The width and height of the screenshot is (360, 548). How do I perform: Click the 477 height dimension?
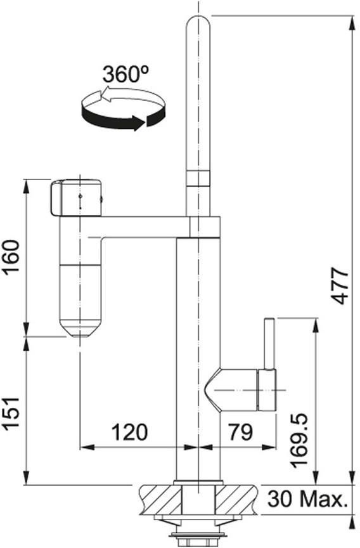click(340, 285)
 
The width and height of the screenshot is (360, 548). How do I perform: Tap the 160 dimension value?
click(11, 258)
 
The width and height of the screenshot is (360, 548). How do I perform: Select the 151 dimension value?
click(11, 414)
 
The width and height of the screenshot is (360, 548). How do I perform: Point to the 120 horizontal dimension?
click(129, 432)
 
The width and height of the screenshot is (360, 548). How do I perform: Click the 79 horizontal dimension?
click(240, 432)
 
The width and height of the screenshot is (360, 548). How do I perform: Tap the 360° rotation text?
click(125, 74)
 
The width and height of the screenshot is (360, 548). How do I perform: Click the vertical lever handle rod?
click(269, 344)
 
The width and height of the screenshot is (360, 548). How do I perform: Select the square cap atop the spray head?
click(76, 198)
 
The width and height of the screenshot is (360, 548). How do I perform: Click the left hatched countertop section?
click(160, 499)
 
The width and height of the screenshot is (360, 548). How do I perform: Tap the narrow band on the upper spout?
click(198, 178)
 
